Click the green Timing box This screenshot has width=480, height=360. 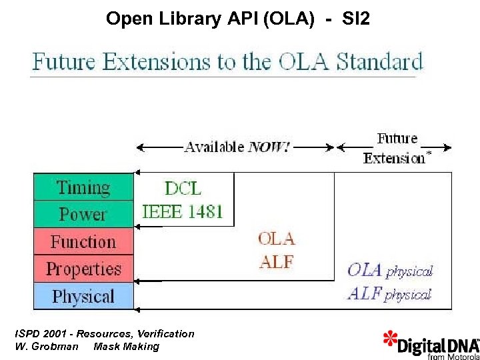tap(83, 187)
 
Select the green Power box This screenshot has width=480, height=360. tap(83, 214)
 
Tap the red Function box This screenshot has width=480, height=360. tap(83, 241)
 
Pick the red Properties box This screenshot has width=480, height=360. tap(83, 269)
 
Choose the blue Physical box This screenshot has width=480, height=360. tap(83, 296)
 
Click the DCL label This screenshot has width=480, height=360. tap(183, 188)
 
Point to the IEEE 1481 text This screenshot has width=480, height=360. tap(183, 213)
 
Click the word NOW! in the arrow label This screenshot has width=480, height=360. tap(269, 147)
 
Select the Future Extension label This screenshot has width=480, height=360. tap(396, 148)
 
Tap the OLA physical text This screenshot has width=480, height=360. tap(390, 270)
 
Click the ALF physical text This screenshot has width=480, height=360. tap(389, 293)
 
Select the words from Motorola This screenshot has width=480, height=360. tap(453, 356)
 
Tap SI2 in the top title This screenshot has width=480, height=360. tap(355, 19)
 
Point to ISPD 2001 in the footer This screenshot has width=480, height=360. tap(41, 333)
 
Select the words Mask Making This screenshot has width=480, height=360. tap(127, 346)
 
